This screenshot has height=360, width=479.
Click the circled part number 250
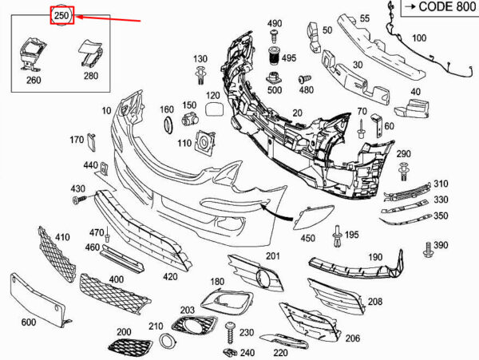point(61,14)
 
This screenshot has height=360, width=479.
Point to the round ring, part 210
point(168,342)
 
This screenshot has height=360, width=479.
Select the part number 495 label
point(288,58)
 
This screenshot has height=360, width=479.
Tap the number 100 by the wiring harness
point(418,38)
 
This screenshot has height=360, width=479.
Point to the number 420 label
point(170,277)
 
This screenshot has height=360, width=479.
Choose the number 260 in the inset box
point(34,79)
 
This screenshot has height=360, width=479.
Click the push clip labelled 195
point(341,234)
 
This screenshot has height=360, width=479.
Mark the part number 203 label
point(188,309)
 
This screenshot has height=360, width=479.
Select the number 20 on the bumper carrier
point(298,114)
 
